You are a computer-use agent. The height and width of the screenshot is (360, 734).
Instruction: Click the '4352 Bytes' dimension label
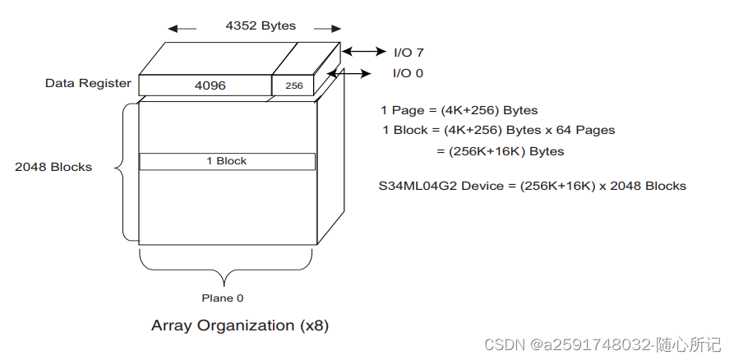pos(260,25)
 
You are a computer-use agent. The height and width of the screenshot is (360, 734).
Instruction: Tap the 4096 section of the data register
pos(210,85)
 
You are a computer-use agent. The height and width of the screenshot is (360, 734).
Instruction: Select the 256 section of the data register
pos(293,85)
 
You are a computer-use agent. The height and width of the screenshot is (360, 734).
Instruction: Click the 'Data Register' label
pos(88,83)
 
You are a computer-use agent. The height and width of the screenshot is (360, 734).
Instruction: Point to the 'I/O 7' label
pos(409,52)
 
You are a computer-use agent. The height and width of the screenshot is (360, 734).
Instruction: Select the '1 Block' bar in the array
pos(227,161)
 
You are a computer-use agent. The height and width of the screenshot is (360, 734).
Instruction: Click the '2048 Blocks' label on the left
pos(53,167)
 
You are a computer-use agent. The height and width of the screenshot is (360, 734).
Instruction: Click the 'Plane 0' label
pos(223,298)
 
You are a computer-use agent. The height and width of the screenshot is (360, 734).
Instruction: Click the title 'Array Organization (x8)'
pos(240,325)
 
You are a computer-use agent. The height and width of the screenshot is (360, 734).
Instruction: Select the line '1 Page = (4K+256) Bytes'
pos(459,110)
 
